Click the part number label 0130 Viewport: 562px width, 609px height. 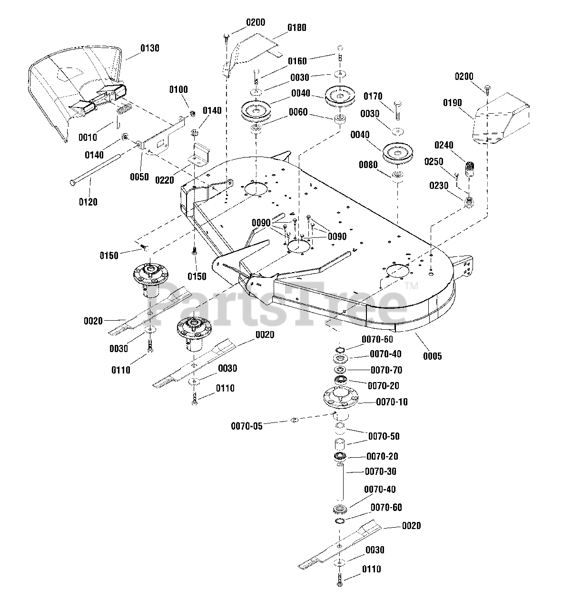pos(150,48)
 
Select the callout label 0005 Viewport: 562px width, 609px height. pos(432,356)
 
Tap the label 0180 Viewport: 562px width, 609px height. pos(296,28)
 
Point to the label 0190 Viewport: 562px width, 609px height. pos(452,103)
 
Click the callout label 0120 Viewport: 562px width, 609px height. pos(88,202)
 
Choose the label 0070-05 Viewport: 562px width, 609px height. pos(246,426)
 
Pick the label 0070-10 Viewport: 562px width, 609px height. pos(392,402)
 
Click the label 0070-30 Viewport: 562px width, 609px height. pos(380,471)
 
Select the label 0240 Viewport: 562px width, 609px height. pos(444,145)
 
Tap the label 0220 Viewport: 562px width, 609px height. pos(165,180)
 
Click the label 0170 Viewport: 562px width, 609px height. pos(373,96)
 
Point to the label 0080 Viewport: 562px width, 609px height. pos(368,165)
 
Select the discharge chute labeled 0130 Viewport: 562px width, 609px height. pos(77,92)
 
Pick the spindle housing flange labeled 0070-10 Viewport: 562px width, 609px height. pos(341,397)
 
